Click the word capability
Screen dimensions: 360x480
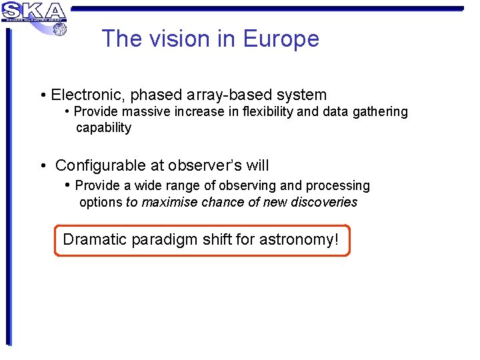tap(103, 128)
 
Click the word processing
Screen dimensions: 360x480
tap(339, 185)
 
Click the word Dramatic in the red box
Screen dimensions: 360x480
tap(94, 239)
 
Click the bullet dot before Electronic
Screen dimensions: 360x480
tap(43, 96)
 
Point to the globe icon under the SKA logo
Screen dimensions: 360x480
tap(59, 29)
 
